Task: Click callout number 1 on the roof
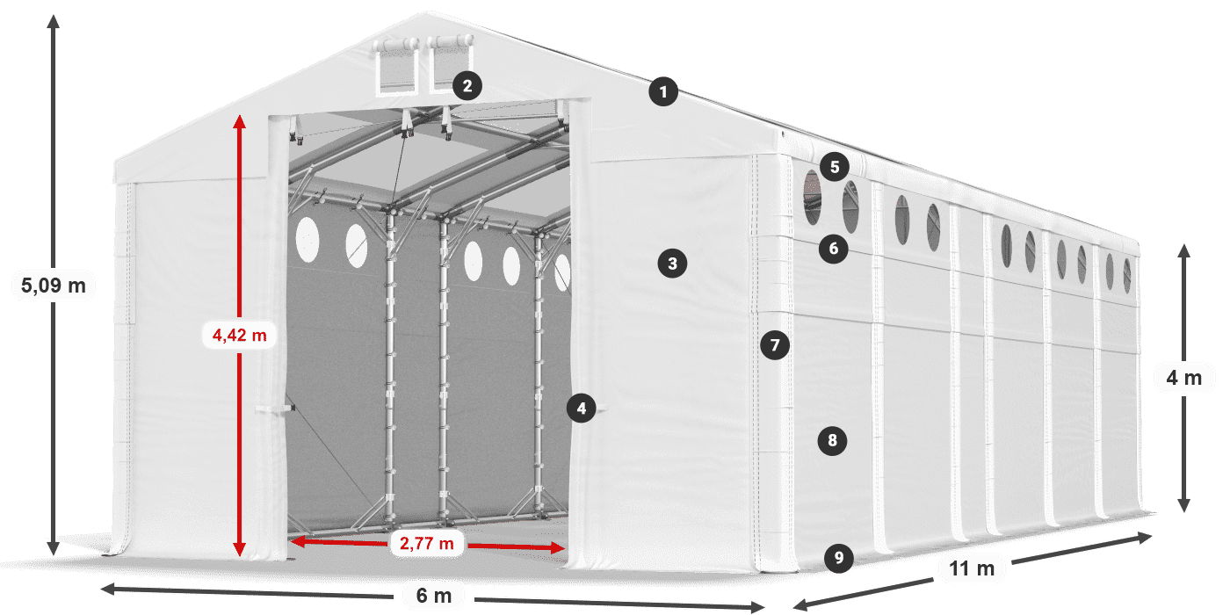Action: pyautogui.click(x=663, y=91)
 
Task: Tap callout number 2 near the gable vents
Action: pyautogui.click(x=467, y=86)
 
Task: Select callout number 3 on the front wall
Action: pyautogui.click(x=673, y=264)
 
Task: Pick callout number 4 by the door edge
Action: pyautogui.click(x=582, y=408)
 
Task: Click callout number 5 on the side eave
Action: pyautogui.click(x=835, y=167)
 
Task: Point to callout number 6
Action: pyautogui.click(x=834, y=249)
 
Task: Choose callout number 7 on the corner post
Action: pyautogui.click(x=775, y=344)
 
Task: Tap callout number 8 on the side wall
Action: pyautogui.click(x=833, y=440)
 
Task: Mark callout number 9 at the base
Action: pyautogui.click(x=839, y=558)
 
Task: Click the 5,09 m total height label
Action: pyautogui.click(x=54, y=286)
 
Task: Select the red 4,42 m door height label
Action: pyautogui.click(x=239, y=335)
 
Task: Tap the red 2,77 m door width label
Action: pyautogui.click(x=427, y=544)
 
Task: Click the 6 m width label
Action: pyautogui.click(x=434, y=596)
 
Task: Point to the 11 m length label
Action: pyautogui.click(x=972, y=568)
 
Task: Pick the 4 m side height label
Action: pyautogui.click(x=1184, y=378)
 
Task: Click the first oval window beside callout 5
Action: pyautogui.click(x=813, y=198)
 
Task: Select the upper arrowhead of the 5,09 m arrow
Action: pyautogui.click(x=54, y=22)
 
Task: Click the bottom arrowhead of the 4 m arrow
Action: pyautogui.click(x=1184, y=505)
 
